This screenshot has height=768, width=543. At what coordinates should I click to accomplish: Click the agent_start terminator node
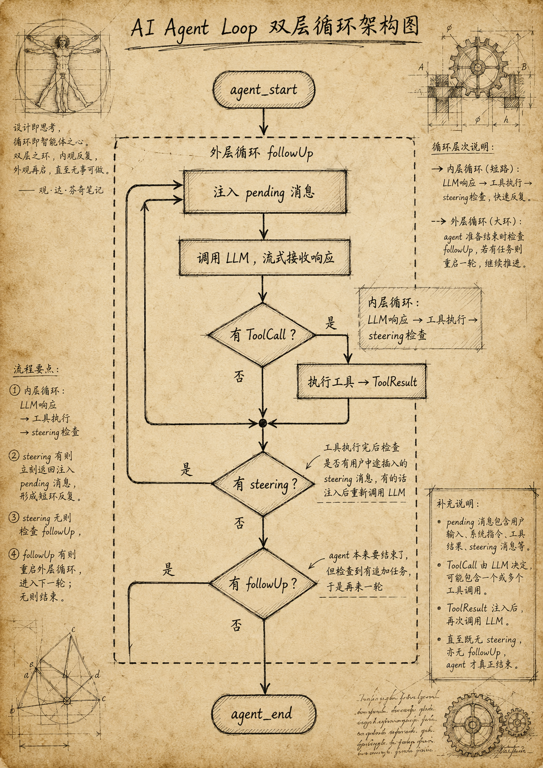pyautogui.click(x=264, y=90)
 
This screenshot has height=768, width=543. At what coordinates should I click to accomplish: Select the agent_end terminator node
pyautogui.click(x=264, y=714)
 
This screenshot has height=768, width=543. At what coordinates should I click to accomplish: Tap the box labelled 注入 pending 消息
pyautogui.click(x=265, y=192)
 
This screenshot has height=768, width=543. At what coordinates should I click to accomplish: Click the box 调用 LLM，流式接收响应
pyautogui.click(x=265, y=257)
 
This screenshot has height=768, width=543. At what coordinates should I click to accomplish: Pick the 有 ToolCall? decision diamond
pyautogui.click(x=262, y=335)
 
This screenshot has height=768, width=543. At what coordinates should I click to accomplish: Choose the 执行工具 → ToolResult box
pyautogui.click(x=361, y=382)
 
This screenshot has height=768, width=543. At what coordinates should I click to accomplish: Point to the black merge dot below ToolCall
pyautogui.click(x=263, y=423)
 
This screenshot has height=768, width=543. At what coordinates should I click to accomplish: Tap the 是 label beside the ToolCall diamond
pyautogui.click(x=330, y=323)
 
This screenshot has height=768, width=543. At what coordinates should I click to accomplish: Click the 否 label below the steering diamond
pyautogui.click(x=239, y=523)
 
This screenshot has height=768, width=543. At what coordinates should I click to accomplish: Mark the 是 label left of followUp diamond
pyautogui.click(x=168, y=570)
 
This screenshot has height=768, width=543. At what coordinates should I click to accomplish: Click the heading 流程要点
pyautogui.click(x=36, y=369)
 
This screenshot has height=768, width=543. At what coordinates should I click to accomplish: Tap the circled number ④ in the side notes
pyautogui.click(x=14, y=554)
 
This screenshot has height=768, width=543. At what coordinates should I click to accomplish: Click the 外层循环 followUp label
pyautogui.click(x=261, y=153)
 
